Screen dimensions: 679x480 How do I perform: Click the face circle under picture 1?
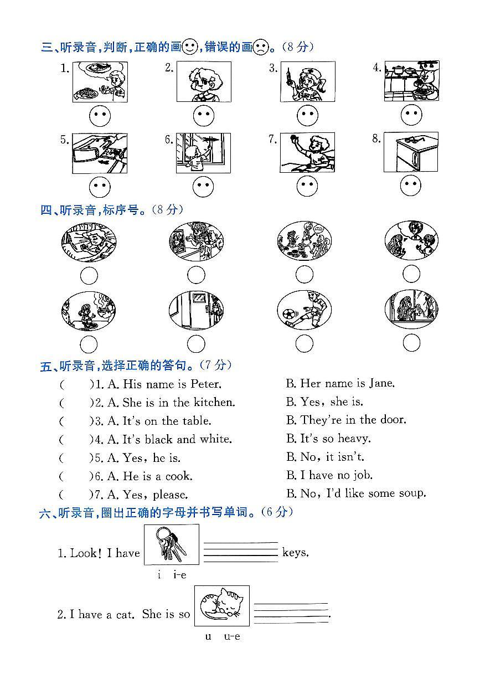pos(100,116)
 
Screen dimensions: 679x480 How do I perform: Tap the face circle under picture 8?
pos(411,186)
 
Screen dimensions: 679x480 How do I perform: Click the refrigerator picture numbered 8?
pos(410,152)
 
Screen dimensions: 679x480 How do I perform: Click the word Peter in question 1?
pos(205,384)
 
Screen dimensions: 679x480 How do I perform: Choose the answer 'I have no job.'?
pos(329,475)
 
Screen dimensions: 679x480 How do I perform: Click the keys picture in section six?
pos(171,544)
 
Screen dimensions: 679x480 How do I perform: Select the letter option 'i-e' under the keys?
pos(180,575)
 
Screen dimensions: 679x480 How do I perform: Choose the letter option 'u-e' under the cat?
pos(231,636)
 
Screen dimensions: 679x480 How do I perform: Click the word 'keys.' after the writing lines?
pos(296,552)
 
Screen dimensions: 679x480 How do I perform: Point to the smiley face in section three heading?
pos(189,47)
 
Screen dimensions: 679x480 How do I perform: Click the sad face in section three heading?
pos(260,47)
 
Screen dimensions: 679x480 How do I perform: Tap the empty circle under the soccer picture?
pos(304,344)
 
